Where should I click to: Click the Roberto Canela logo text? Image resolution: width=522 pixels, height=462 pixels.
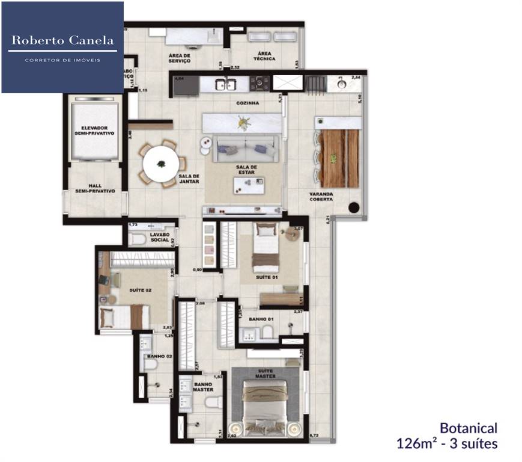coord(62,41)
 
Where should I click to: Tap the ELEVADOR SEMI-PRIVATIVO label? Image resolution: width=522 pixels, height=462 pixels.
coord(95,131)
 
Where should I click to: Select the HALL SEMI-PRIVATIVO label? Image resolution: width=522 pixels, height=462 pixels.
coord(95,188)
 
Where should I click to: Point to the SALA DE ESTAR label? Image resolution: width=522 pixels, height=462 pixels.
coord(246,170)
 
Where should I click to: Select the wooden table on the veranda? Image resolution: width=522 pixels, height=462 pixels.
coord(339,158)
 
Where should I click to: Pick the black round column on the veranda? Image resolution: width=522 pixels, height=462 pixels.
coord(354,208)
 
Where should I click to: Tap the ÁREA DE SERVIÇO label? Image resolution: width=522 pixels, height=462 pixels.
coord(180,58)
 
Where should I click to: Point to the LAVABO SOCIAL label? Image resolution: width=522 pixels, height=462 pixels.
coord(160,237)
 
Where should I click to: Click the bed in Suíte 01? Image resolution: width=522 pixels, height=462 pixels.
coord(266,248)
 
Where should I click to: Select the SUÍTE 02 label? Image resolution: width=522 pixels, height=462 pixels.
coord(141,290)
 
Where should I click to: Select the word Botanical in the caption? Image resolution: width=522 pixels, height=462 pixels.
coord(469,428)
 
